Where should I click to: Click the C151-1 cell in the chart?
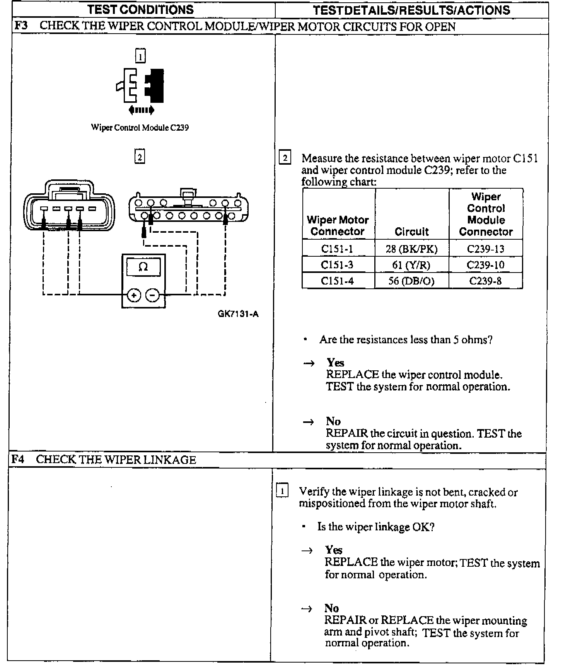337,249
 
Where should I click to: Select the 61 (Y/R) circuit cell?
411,265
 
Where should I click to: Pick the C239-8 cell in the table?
485,281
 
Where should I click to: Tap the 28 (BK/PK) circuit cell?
411,249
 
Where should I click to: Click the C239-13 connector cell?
486,249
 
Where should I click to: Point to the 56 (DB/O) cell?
411,281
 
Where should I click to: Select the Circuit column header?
411,232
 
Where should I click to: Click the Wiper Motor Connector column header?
338,226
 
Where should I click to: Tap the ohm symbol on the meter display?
143,267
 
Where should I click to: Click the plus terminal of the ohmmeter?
134,296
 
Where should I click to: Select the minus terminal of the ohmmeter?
152,296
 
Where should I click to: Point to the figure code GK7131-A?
238,314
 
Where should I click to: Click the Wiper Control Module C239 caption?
140,128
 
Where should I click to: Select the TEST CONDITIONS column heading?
141,10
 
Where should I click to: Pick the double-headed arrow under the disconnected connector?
141,110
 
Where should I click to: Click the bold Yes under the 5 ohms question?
335,363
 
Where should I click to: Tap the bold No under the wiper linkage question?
331,608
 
